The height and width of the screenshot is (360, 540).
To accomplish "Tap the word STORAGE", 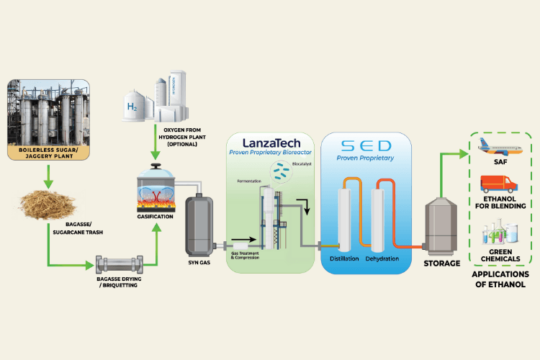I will click(x=442, y=264).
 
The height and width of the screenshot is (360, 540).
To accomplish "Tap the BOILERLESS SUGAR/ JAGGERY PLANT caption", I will click(x=48, y=154).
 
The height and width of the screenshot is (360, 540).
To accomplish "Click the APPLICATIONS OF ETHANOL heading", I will click(x=501, y=279).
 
